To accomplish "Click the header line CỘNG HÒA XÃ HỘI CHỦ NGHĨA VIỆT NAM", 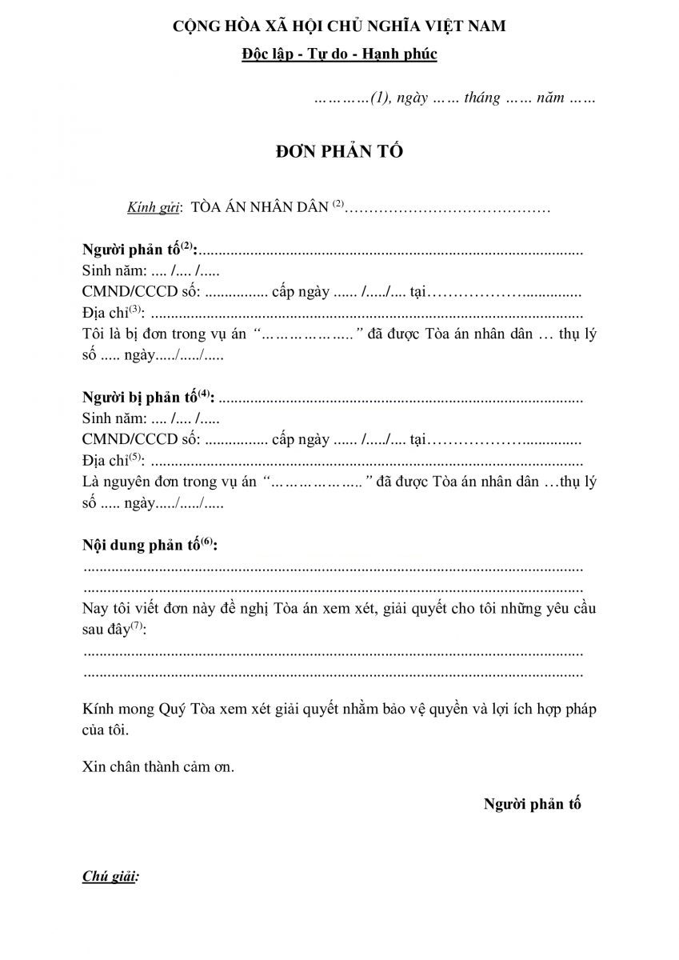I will click(x=339, y=27).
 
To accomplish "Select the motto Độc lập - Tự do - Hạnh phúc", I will click(x=339, y=54).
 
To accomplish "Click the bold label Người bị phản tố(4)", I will click(x=148, y=398).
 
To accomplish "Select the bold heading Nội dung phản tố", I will click(x=150, y=546).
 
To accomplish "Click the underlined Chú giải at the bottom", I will click(x=110, y=877).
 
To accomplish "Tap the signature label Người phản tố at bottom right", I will click(x=532, y=804).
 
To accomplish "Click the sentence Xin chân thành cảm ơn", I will click(x=158, y=766).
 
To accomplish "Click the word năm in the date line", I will click(x=551, y=98).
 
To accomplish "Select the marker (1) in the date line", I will click(x=380, y=98).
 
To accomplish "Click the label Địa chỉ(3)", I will click(x=113, y=314).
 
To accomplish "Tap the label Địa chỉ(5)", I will click(x=113, y=461).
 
